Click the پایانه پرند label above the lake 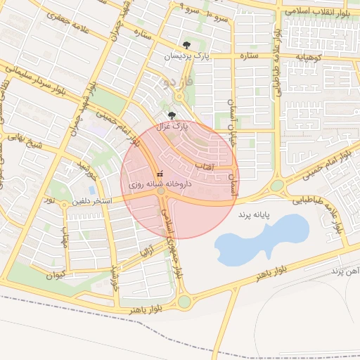pyautogui.click(x=254, y=213)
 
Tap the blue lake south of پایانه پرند pyautogui.click(x=262, y=240)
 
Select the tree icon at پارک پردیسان pyautogui.click(x=185, y=45)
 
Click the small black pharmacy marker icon pyautogui.click(x=160, y=174)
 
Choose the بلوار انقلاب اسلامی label pyautogui.click(x=321, y=10)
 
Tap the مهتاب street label pyautogui.click(x=65, y=241)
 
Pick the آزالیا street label pyautogui.click(x=146, y=251)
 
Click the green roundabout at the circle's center pyautogui.click(x=161, y=191)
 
